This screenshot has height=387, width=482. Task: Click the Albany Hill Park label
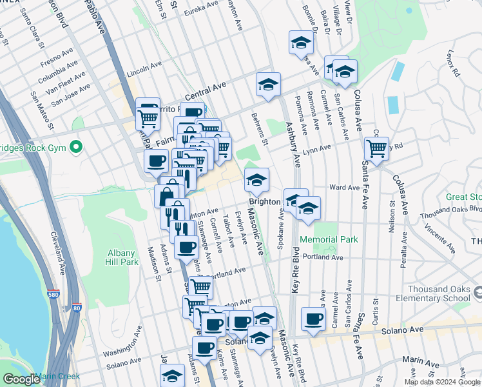click(121, 257)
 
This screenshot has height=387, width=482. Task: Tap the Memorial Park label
click(333, 240)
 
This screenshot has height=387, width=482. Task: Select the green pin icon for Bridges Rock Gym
click(76, 148)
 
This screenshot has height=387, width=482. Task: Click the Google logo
click(21, 379)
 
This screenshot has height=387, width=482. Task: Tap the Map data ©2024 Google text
click(442, 382)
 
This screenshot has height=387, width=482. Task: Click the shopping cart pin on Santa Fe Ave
click(376, 148)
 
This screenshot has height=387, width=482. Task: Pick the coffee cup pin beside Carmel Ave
click(314, 319)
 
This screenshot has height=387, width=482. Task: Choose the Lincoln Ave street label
click(144, 69)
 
